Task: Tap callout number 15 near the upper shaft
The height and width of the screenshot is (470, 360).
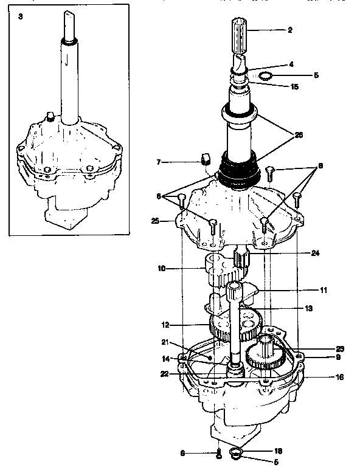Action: pyautogui.click(x=294, y=86)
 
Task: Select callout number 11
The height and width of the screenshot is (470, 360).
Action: pyautogui.click(x=323, y=291)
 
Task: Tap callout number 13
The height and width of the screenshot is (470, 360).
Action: pyautogui.click(x=308, y=309)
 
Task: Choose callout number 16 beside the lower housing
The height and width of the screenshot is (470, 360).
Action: pyautogui.click(x=339, y=377)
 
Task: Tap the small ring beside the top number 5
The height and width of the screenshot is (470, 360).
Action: pyautogui.click(x=265, y=76)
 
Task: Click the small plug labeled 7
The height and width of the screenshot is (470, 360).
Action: pyautogui.click(x=205, y=160)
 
